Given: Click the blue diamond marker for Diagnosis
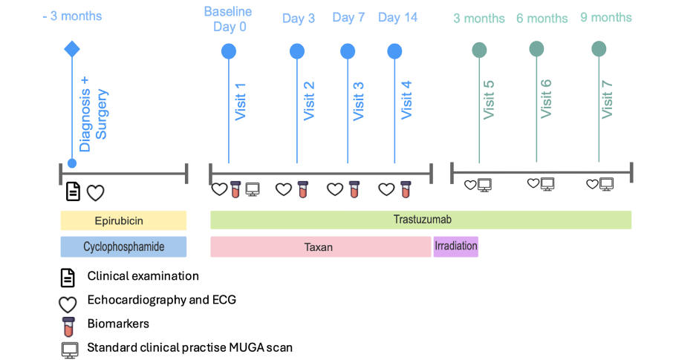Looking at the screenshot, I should click(72, 49).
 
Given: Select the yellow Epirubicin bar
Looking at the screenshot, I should click(123, 220).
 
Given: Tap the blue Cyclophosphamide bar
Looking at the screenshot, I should click(123, 246).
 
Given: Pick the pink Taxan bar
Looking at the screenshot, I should click(320, 247).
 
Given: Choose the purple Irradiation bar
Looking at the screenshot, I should click(455, 246).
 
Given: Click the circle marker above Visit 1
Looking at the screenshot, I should click(229, 51).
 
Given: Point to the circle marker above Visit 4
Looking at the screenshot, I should click(394, 51).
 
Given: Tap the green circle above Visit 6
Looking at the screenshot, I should click(536, 49).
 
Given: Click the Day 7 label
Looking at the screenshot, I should click(348, 18).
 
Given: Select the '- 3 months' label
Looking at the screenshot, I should click(72, 16).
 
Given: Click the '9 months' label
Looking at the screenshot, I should click(606, 17).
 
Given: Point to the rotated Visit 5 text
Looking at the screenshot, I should click(489, 99).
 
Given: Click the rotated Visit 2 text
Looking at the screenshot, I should click(309, 100).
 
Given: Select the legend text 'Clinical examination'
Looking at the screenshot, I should click(143, 276).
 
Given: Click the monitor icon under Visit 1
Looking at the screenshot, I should click(253, 189).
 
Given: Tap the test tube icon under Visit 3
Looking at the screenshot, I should click(354, 189).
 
